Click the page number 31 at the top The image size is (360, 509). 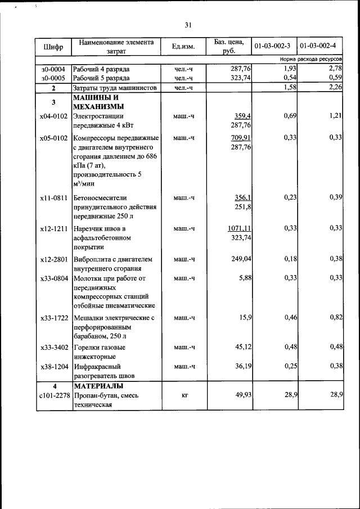(x=188, y=25)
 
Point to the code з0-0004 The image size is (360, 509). (x=53, y=69)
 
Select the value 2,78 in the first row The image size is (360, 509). (x=335, y=69)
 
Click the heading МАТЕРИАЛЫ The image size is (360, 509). (x=98, y=386)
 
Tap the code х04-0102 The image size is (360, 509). (x=53, y=116)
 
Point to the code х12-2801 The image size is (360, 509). (x=53, y=259)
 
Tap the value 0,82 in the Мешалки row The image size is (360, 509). (x=336, y=318)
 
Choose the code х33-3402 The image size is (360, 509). (x=53, y=347)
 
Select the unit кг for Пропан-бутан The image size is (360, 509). (x=184, y=396)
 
